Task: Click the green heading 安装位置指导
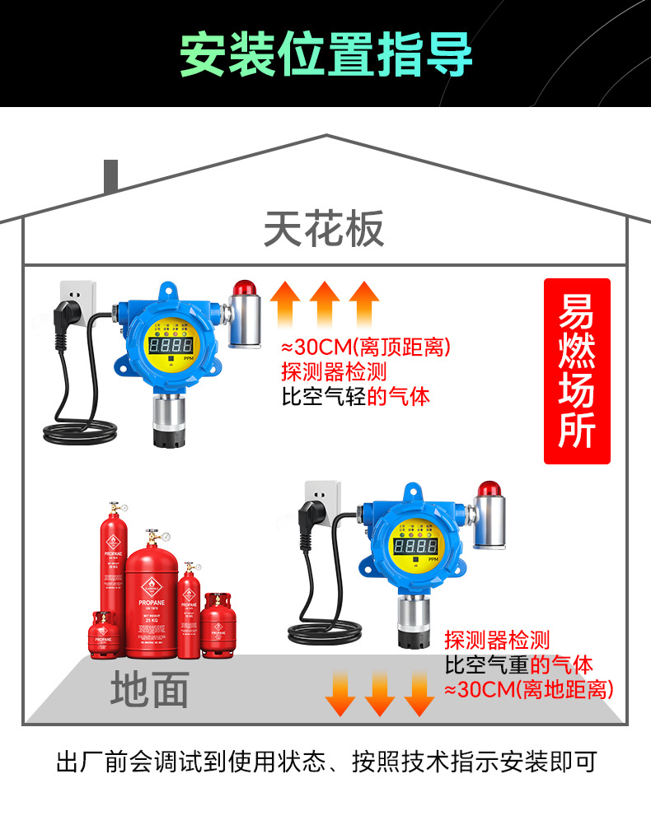click(325, 54)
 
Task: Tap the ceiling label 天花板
click(324, 229)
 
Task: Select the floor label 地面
click(150, 688)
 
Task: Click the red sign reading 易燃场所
click(577, 371)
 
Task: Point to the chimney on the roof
click(110, 176)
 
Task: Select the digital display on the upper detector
click(171, 344)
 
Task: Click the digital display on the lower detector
click(417, 545)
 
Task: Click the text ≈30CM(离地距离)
click(529, 688)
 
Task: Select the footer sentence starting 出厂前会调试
click(325, 762)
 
